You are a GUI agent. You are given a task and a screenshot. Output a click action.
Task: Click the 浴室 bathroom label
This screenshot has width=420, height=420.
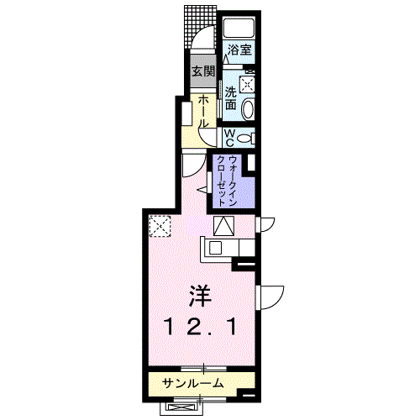pyautogui.click(x=239, y=50)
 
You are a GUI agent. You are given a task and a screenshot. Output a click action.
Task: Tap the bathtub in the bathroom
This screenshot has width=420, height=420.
pyautogui.click(x=239, y=27)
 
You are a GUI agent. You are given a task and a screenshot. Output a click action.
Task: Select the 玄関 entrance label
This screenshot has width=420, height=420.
pyautogui.click(x=203, y=71)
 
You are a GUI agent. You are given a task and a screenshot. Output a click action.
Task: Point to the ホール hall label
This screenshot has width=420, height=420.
pyautogui.click(x=203, y=112)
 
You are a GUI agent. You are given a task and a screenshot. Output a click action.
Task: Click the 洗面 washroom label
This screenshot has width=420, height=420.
pyautogui.click(x=231, y=97)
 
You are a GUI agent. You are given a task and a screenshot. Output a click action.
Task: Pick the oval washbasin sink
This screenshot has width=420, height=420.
pyautogui.click(x=248, y=109)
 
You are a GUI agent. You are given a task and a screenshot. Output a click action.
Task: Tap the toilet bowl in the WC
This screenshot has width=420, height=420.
pyautogui.click(x=244, y=138)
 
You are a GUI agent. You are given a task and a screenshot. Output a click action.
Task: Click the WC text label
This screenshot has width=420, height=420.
pyautogui.click(x=229, y=138)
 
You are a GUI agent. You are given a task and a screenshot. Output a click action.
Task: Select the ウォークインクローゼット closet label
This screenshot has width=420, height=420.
pyautogui.click(x=227, y=181)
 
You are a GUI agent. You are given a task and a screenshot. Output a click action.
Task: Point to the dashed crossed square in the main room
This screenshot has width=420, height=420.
pyautogui.click(x=160, y=226)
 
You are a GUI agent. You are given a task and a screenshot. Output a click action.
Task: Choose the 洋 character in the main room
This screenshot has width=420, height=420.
pyautogui.click(x=201, y=297)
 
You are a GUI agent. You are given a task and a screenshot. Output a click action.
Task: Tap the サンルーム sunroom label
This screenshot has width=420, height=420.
pyautogui.click(x=193, y=383)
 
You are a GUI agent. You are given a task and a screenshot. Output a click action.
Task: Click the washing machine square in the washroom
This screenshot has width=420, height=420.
pyautogui.click(x=247, y=84)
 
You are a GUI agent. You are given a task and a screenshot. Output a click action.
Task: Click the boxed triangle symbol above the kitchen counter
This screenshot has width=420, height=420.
pyautogui.click(x=224, y=226)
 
